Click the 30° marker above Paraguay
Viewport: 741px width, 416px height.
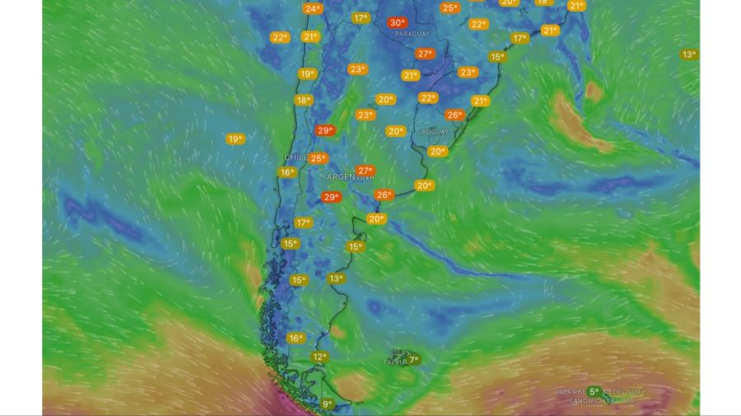(x=398, y=23)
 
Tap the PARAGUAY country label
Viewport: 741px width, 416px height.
(x=412, y=35)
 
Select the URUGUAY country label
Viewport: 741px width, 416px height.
(x=433, y=132)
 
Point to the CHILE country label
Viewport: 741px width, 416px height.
(x=296, y=157)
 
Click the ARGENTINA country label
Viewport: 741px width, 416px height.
(x=350, y=177)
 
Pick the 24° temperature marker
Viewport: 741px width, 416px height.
(x=312, y=9)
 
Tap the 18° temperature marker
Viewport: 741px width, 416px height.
(x=303, y=100)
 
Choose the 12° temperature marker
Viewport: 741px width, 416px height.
(x=319, y=358)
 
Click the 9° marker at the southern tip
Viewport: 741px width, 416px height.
(x=328, y=404)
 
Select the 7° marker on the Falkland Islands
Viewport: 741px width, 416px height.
(x=413, y=359)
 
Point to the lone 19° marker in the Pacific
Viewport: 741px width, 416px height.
(x=235, y=139)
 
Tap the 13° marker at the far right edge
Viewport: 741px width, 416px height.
(x=689, y=55)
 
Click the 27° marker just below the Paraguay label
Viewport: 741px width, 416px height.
(x=425, y=54)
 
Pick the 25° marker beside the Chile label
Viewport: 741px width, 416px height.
(x=318, y=158)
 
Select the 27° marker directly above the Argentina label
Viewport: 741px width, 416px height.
(x=366, y=171)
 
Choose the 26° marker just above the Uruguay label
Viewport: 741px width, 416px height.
(x=454, y=115)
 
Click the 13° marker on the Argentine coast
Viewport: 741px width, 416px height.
(x=336, y=278)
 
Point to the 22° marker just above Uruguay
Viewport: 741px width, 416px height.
(x=427, y=98)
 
